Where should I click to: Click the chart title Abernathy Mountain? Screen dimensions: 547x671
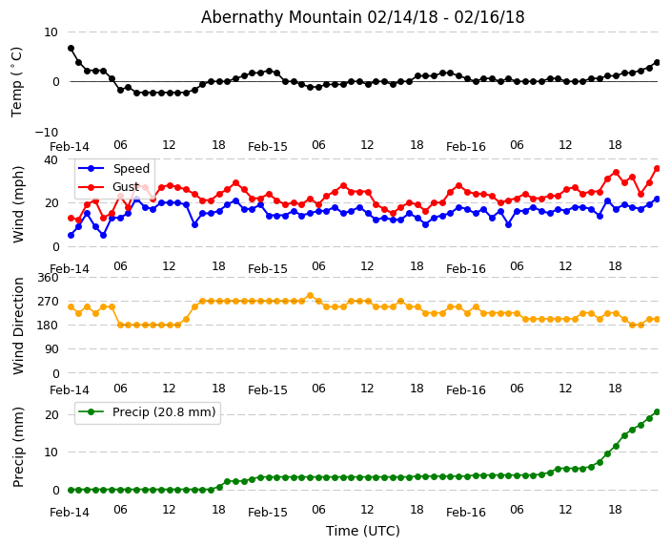click(362, 17)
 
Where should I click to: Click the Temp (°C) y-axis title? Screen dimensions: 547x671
click(17, 81)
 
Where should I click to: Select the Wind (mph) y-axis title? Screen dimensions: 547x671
click(18, 203)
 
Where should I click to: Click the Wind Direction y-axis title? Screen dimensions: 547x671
click(18, 326)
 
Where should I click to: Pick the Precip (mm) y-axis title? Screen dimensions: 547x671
click(19, 447)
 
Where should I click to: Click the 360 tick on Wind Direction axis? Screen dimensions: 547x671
click(48, 277)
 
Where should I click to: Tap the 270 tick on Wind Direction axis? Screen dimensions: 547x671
click(48, 301)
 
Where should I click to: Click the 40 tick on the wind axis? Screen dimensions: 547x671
click(51, 160)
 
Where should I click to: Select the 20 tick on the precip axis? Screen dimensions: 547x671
click(51, 414)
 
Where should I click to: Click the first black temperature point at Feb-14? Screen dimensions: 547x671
click(71, 48)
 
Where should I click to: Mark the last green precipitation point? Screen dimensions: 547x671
click(657, 411)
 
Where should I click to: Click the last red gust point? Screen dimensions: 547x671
click(657, 168)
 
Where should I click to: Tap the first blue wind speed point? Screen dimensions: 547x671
click(71, 235)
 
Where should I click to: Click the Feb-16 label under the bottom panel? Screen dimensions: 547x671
click(466, 513)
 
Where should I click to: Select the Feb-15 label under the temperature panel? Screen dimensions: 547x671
click(268, 147)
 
